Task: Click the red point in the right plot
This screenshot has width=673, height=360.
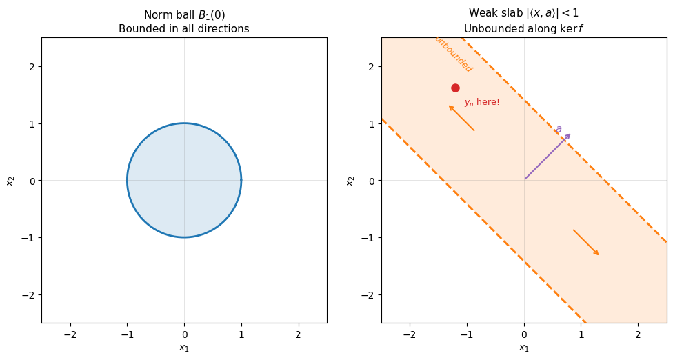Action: [x=455, y=88]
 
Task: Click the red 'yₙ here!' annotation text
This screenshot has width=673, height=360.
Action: [x=481, y=102]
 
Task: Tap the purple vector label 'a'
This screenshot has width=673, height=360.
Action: [x=559, y=129]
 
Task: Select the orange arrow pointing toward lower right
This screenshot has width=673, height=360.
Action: [x=586, y=243]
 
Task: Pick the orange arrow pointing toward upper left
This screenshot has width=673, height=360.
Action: [x=461, y=118]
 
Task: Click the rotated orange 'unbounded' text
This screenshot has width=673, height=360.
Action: [x=453, y=54]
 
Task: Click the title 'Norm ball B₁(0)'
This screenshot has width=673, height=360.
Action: [x=183, y=14]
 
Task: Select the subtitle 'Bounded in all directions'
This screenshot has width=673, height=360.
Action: [x=183, y=28]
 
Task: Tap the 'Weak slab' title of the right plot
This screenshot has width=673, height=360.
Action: [x=523, y=13]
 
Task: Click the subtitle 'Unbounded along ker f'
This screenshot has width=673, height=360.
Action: [x=523, y=28]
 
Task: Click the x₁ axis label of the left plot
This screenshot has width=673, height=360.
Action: [x=183, y=348]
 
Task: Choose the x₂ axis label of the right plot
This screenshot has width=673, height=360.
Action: [x=350, y=180]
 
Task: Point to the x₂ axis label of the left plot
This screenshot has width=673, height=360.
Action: [x=10, y=180]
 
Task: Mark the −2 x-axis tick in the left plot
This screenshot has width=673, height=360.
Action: [x=70, y=334]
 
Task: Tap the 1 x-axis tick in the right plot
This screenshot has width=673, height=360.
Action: [x=581, y=334]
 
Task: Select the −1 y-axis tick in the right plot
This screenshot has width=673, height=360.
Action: [x=370, y=237]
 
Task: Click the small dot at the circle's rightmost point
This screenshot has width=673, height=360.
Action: [x=241, y=180]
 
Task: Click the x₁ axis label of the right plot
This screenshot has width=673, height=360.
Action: [x=523, y=348]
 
